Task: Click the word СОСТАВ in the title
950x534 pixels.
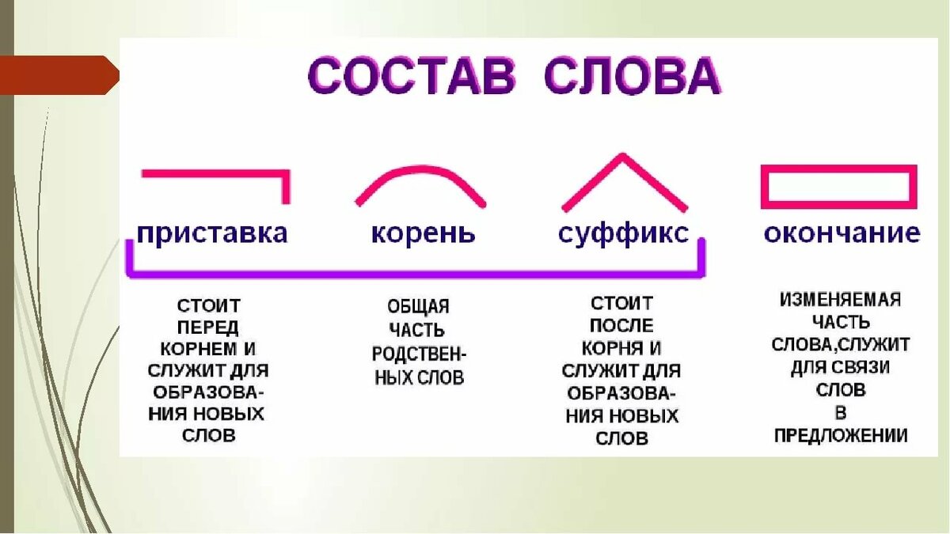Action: pyautogui.click(x=410, y=79)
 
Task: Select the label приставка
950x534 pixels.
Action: pyautogui.click(x=211, y=233)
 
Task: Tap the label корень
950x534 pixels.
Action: pyautogui.click(x=424, y=233)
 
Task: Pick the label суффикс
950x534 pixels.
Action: pyautogui.click(x=623, y=233)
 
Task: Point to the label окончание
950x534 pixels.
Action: pyautogui.click(x=842, y=233)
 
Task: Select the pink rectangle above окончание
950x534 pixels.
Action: pyautogui.click(x=838, y=187)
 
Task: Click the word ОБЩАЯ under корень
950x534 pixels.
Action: pyautogui.click(x=418, y=306)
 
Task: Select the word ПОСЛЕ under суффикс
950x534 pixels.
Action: pyautogui.click(x=621, y=326)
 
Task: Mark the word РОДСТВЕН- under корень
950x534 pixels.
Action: pyautogui.click(x=418, y=353)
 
